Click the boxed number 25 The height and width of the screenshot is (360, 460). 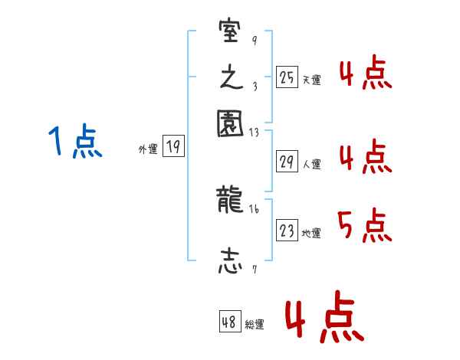287,77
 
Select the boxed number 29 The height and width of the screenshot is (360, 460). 287,162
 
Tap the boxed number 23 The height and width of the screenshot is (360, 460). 287,231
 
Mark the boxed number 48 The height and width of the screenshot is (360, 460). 229,322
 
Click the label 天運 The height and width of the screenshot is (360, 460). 311,80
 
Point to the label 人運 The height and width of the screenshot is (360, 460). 311,164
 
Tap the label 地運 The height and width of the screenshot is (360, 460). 311,233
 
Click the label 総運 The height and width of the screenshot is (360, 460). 255,325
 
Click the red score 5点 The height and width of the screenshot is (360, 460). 364,226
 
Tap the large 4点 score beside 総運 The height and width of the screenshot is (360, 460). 324,320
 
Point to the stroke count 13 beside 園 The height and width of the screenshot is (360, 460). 255,132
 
